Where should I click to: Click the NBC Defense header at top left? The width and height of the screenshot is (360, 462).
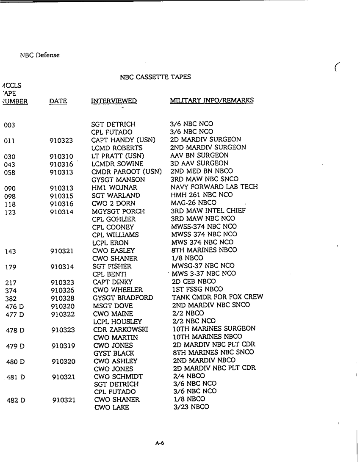click(40, 55)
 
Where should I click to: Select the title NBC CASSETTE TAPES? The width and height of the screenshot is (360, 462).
click(155, 77)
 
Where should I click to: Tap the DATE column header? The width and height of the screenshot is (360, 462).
click(58, 101)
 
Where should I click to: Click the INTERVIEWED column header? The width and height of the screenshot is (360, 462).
click(114, 101)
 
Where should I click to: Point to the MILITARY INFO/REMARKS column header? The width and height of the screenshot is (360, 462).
click(212, 100)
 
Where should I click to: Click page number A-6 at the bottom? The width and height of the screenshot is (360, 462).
click(159, 443)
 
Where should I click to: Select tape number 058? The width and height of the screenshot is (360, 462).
click(9, 172)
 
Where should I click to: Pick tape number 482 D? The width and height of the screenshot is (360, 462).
click(16, 400)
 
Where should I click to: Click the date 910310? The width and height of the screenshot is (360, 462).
click(61, 156)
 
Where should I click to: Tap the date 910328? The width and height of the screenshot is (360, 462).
click(63, 298)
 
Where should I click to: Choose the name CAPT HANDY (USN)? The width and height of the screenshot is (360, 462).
click(123, 140)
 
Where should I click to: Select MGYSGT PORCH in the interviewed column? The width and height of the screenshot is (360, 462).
click(118, 211)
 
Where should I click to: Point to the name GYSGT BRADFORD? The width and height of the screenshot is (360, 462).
click(123, 298)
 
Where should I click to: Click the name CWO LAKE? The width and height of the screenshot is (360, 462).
click(111, 407)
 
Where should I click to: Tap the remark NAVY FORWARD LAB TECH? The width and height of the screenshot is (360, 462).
click(214, 187)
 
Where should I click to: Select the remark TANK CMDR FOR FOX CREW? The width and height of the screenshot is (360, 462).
click(217, 297)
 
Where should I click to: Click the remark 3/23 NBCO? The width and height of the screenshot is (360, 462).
click(191, 407)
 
